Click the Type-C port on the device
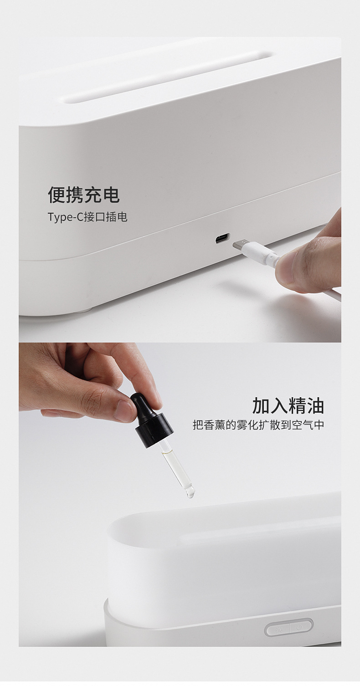222,238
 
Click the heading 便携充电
84,195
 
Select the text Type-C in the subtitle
60,217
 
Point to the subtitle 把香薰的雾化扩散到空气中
258,425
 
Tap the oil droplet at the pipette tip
190,493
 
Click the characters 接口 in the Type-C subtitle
96,217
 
